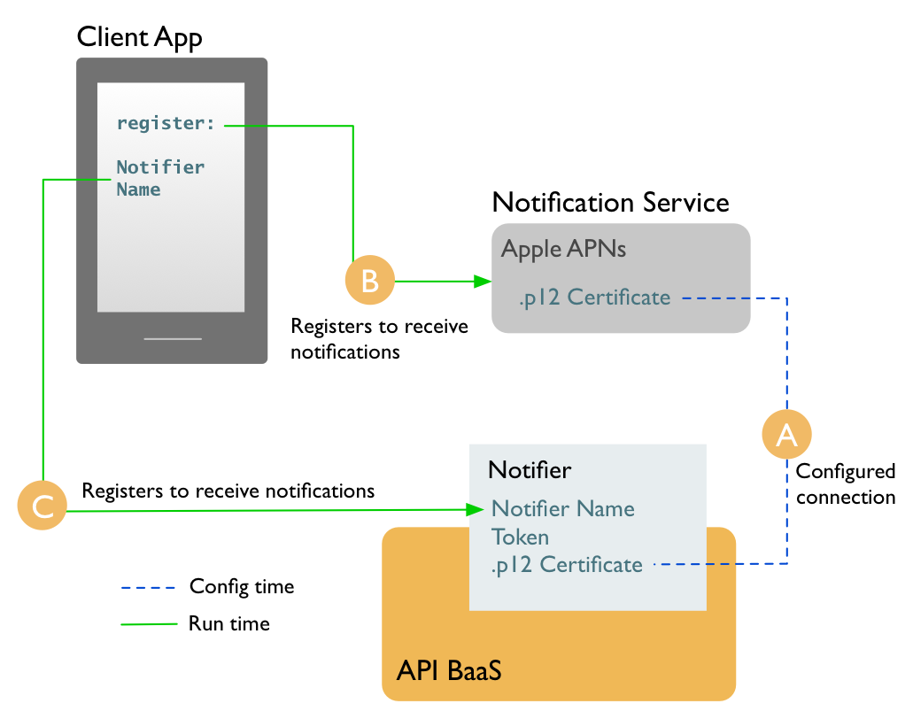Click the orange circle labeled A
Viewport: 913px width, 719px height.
pyautogui.click(x=786, y=434)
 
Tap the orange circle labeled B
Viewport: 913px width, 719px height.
pyautogui.click(x=369, y=281)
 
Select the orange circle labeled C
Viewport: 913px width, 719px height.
pyautogui.click(x=43, y=506)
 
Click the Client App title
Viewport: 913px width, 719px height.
pyautogui.click(x=139, y=37)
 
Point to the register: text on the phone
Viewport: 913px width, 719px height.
pyautogui.click(x=166, y=124)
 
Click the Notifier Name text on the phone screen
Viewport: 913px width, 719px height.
pyautogui.click(x=160, y=178)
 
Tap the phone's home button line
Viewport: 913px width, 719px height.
pyautogui.click(x=173, y=338)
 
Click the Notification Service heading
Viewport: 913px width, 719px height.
pyautogui.click(x=610, y=202)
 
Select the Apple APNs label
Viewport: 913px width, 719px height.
pyautogui.click(x=563, y=249)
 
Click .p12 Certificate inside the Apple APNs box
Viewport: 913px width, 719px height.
pyautogui.click(x=594, y=298)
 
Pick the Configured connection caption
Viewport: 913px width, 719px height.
pyautogui.click(x=845, y=483)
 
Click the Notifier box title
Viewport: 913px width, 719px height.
pyautogui.click(x=530, y=469)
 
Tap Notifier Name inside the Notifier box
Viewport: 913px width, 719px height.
pyautogui.click(x=563, y=509)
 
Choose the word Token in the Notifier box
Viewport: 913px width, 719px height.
pyautogui.click(x=521, y=537)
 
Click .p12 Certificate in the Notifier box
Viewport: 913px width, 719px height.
pyautogui.click(x=567, y=564)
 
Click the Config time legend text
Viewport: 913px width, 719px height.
pyautogui.click(x=242, y=586)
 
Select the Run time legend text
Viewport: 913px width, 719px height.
pyautogui.click(x=228, y=623)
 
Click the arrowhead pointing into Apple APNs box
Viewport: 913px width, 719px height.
pyautogui.click(x=483, y=282)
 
